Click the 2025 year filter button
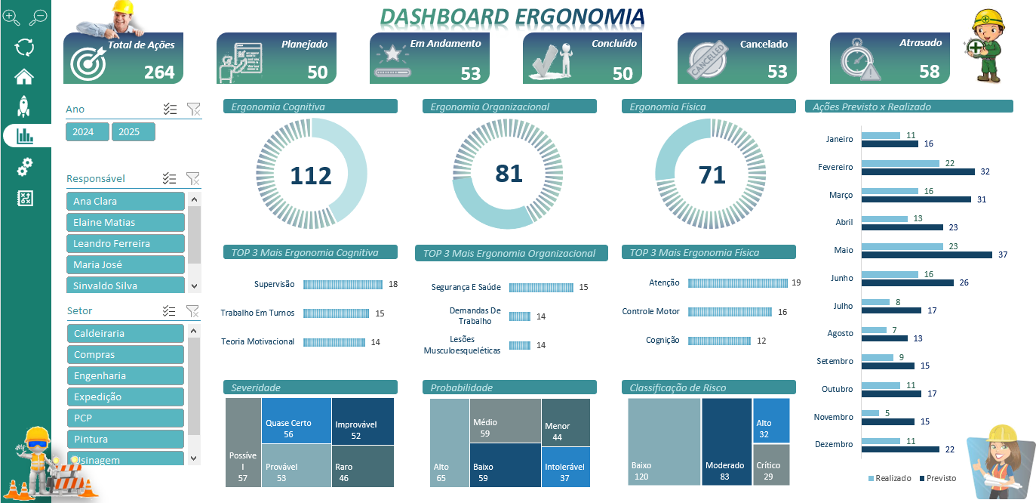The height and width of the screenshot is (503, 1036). pyautogui.click(x=133, y=132)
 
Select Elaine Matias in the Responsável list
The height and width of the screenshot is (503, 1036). pyautogui.click(x=125, y=223)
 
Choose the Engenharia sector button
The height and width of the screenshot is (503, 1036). pyautogui.click(x=125, y=376)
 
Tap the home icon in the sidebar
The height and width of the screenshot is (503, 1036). pyautogui.click(x=24, y=76)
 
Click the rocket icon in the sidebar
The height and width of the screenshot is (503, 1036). pyautogui.click(x=24, y=106)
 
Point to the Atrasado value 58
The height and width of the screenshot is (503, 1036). pyautogui.click(x=929, y=72)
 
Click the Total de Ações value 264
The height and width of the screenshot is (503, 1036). pyautogui.click(x=159, y=73)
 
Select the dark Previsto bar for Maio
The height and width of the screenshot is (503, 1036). pyautogui.click(x=927, y=255)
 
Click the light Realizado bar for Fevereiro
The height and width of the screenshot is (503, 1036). pyautogui.click(x=900, y=163)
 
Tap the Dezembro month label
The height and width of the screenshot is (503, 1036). pyautogui.click(x=834, y=445)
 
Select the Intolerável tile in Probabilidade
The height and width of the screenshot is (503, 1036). pyautogui.click(x=565, y=467)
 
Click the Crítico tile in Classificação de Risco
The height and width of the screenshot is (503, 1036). pyautogui.click(x=771, y=465)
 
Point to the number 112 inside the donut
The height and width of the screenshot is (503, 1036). pyautogui.click(x=311, y=176)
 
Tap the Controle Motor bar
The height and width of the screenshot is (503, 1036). pyautogui.click(x=730, y=312)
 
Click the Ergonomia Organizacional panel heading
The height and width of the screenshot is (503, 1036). pyautogui.click(x=509, y=106)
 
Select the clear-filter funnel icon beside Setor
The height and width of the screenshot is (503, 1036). pyautogui.click(x=192, y=310)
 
